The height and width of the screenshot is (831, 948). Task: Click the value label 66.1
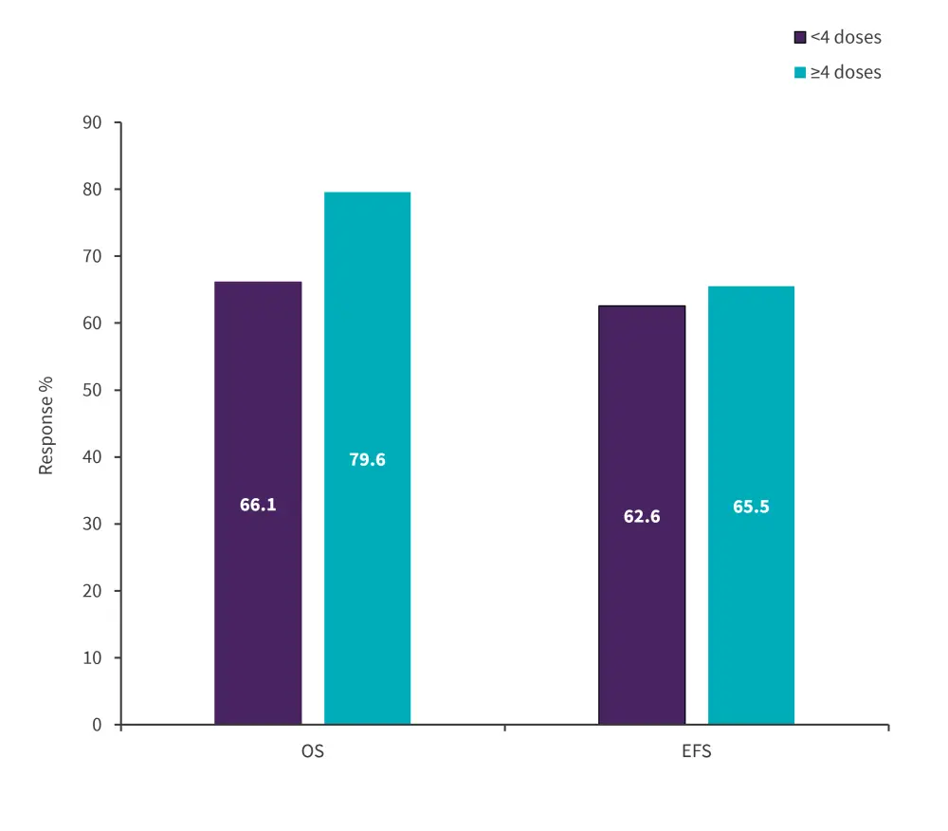pos(258,505)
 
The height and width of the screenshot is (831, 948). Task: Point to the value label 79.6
pos(367,460)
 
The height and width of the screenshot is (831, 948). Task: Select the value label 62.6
pos(642,517)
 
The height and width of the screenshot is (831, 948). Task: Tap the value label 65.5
pos(751,507)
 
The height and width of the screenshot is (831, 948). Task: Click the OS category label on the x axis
pos(313,752)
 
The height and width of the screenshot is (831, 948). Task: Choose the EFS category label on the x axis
pos(697,752)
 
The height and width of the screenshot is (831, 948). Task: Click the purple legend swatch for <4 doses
pos(799,38)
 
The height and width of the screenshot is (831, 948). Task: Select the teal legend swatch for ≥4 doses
pos(799,73)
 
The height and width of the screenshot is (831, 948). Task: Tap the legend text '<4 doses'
pos(846,38)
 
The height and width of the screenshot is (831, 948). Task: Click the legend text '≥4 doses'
pos(846,73)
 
